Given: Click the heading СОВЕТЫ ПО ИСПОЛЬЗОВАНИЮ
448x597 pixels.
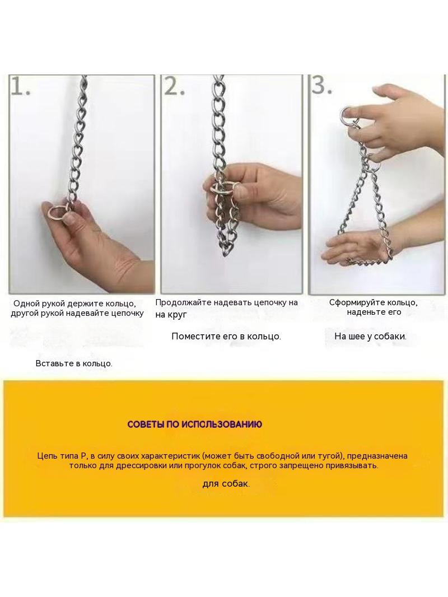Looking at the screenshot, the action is [x=194, y=425].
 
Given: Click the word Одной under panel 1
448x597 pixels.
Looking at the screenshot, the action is [x=27, y=304].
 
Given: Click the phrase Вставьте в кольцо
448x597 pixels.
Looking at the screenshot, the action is [x=74, y=363].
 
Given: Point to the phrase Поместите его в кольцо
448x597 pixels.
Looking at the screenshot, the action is [x=226, y=337].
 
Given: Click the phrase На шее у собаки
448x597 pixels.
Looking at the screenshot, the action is [x=370, y=337].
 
